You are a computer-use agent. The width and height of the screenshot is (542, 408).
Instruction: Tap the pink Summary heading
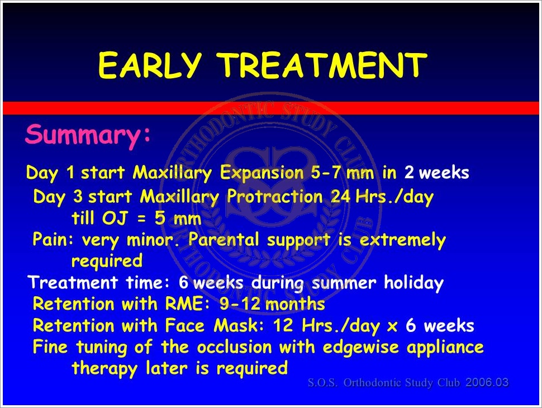pos(88,135)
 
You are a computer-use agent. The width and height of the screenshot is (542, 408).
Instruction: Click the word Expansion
pos(262,173)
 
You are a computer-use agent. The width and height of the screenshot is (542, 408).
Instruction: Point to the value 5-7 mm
pos(342,172)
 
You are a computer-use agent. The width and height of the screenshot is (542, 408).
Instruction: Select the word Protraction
pos(275,197)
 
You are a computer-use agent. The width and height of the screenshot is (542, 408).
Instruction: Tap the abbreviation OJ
pos(115,218)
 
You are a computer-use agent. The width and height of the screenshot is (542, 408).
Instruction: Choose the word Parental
pos(224,239)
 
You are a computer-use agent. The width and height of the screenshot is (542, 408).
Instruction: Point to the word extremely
pos(403,240)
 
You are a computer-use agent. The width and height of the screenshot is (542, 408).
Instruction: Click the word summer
pos(344,283)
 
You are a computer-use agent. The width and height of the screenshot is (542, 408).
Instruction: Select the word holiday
pos(413,283)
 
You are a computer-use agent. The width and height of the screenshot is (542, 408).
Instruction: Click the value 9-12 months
pos(272,304)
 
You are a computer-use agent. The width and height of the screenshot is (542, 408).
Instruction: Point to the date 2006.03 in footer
pos(487,382)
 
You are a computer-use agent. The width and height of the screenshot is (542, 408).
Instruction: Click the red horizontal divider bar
pos(271,108)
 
